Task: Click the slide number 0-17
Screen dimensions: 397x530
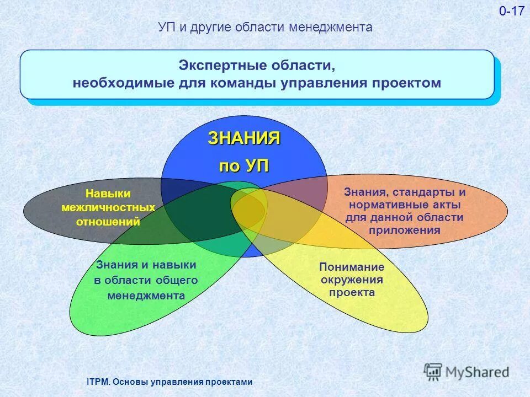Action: pyautogui.click(x=512, y=12)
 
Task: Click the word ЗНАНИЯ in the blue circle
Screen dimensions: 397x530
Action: pyautogui.click(x=244, y=138)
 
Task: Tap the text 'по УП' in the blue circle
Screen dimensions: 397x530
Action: pyautogui.click(x=244, y=166)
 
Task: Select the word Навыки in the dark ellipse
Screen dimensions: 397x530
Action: pyautogui.click(x=108, y=194)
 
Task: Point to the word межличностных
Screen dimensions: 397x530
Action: pyautogui.click(x=108, y=208)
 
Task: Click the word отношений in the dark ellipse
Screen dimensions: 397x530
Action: pyautogui.click(x=108, y=223)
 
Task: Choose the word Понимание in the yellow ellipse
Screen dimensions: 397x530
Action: pyautogui.click(x=352, y=266)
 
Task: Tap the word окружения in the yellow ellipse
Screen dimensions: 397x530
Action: pyautogui.click(x=352, y=280)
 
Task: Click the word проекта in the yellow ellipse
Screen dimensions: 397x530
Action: pyautogui.click(x=352, y=293)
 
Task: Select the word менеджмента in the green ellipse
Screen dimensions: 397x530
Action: pyautogui.click(x=146, y=296)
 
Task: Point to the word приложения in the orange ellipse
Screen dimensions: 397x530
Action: pyautogui.click(x=405, y=230)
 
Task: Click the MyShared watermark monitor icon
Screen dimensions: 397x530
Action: pyautogui.click(x=433, y=371)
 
